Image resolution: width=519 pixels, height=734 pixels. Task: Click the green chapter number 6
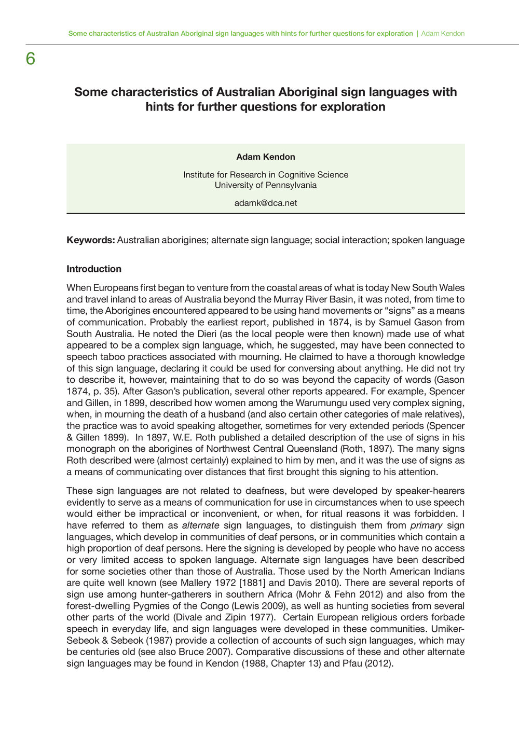(31, 59)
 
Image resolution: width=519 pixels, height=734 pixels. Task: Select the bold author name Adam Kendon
(266, 157)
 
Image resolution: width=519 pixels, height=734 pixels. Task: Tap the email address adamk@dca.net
(266, 203)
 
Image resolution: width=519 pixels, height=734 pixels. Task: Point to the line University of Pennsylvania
(266, 185)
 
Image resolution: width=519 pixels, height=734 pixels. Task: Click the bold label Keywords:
(90, 240)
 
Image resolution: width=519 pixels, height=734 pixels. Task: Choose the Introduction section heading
(94, 269)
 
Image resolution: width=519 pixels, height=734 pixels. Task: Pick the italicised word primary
(426, 525)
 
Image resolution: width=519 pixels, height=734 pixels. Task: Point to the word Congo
(229, 606)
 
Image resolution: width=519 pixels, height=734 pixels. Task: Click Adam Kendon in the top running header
(443, 34)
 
